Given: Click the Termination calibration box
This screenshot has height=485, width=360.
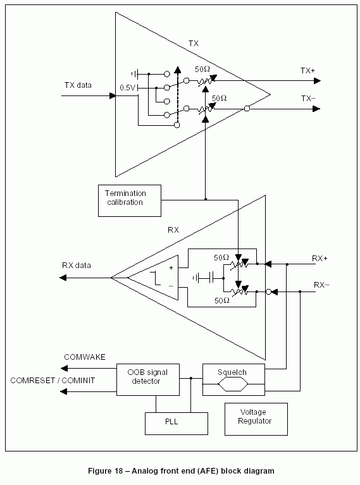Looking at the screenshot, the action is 130,200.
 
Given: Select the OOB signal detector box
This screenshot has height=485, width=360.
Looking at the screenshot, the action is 148,379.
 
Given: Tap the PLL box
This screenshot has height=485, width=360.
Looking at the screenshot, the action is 177,424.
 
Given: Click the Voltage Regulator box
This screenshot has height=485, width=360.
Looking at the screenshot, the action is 256,419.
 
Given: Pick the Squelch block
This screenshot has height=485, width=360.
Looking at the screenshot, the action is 233,379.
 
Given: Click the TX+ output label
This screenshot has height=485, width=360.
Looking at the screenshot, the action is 307,71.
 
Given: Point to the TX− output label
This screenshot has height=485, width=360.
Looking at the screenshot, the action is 308,99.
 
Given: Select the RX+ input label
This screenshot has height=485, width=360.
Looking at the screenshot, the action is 320,258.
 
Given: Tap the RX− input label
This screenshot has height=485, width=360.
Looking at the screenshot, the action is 321,285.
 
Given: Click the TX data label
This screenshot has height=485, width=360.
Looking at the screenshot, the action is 78,85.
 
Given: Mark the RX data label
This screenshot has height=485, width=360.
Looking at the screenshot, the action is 77,266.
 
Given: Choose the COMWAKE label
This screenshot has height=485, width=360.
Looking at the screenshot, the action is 85,357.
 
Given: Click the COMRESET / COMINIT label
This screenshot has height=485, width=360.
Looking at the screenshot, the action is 53,381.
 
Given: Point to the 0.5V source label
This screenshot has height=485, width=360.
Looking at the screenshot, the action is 128,88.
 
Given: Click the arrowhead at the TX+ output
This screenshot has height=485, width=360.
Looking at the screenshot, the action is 317,81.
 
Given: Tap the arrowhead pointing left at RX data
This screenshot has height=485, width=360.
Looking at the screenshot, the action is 63,278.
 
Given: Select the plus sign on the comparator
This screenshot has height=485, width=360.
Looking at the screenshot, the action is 171,268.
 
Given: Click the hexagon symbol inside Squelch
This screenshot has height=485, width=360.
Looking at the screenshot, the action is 233,385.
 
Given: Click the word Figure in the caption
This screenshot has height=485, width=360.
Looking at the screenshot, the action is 101,471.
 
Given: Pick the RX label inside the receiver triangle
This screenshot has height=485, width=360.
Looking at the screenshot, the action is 173,230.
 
